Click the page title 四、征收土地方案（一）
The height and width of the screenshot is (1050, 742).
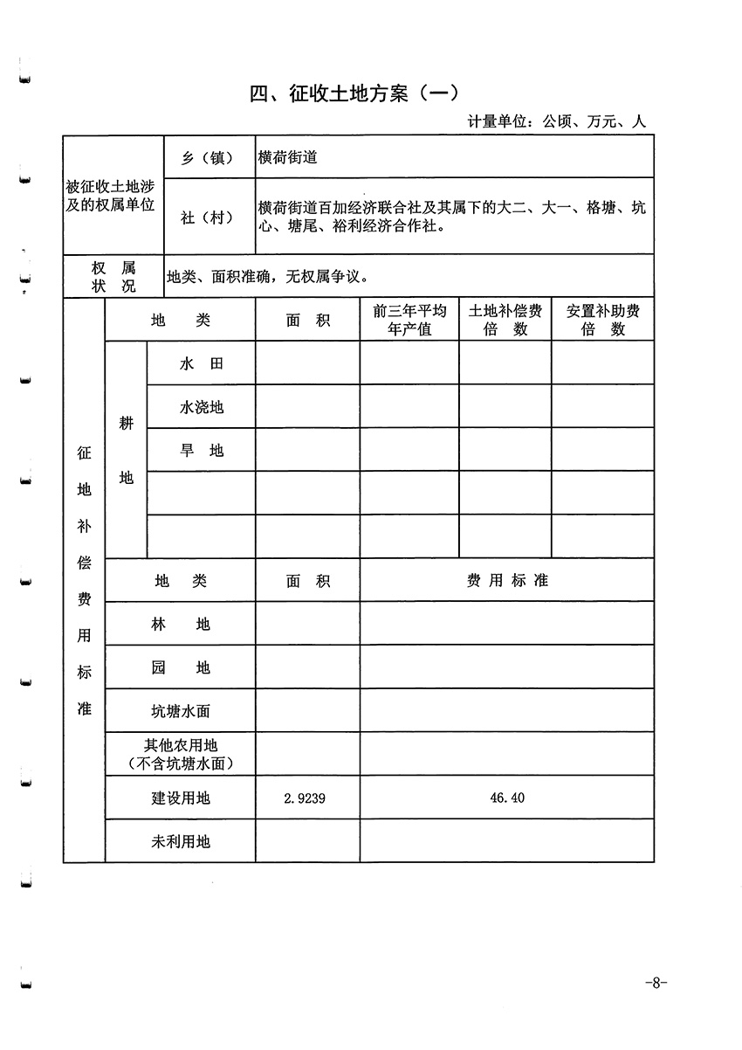[354, 94]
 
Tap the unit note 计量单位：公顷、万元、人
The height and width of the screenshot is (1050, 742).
[556, 122]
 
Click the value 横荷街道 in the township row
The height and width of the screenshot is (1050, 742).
[287, 158]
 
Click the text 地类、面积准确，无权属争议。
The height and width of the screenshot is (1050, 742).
[267, 277]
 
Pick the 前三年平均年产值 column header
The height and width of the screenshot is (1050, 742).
[409, 321]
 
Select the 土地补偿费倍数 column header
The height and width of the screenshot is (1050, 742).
[505, 321]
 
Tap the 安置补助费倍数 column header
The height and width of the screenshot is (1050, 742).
[602, 321]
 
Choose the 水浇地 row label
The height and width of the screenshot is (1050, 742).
[201, 407]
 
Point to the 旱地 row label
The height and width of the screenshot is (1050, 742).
[201, 451]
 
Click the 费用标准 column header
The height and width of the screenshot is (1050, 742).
[506, 580]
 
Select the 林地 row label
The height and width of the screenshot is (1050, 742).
[180, 624]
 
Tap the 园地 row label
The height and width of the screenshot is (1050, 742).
[180, 667]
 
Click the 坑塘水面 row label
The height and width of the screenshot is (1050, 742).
[180, 711]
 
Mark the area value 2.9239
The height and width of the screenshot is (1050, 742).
[305, 798]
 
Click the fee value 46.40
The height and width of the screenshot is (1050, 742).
[506, 798]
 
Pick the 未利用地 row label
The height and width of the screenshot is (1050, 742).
[180, 841]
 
